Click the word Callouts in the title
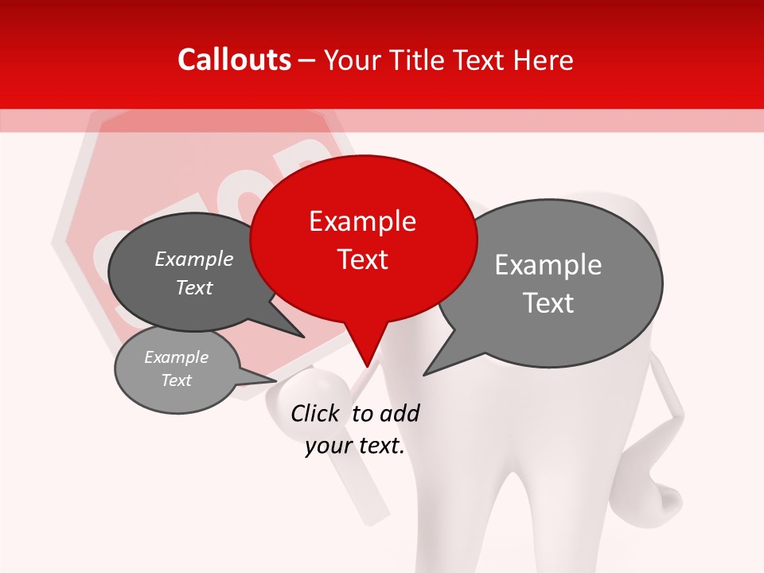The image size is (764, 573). [x=234, y=60]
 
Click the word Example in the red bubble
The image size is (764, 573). [x=362, y=221]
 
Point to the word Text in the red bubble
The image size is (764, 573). [x=362, y=259]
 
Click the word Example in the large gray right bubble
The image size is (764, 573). [x=548, y=265]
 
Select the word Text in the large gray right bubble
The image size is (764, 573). [x=548, y=303]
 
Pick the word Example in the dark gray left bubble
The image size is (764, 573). [x=194, y=259]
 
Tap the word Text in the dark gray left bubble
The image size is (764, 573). [x=194, y=287]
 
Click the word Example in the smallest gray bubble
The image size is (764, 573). [x=177, y=357]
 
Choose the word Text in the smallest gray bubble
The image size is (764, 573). [x=177, y=380]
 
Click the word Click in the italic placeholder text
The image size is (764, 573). [x=314, y=413]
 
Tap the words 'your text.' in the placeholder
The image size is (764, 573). [x=355, y=446]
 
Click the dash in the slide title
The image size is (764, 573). [x=308, y=60]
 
